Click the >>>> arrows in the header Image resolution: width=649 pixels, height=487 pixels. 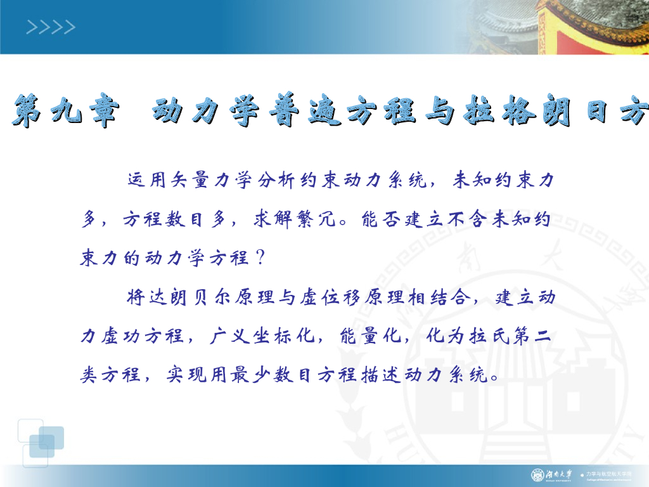[x=51, y=27]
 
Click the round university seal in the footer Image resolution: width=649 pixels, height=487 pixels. [x=537, y=475]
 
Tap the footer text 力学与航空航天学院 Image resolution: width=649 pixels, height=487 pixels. [x=609, y=474]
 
